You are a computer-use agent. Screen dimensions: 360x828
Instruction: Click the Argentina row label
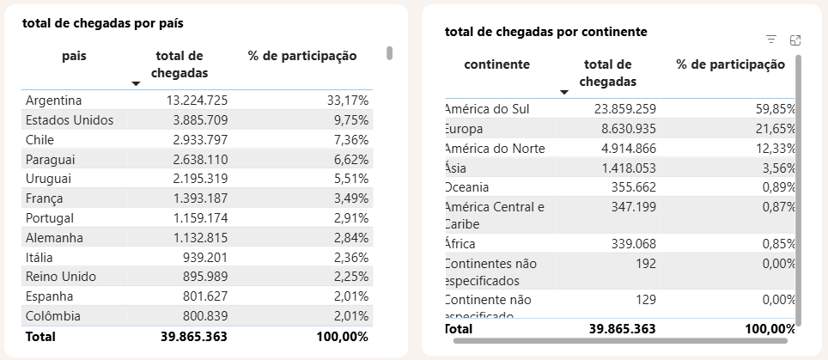pyautogui.click(x=53, y=100)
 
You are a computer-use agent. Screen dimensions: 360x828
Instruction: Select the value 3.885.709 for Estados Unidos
pyautogui.click(x=197, y=120)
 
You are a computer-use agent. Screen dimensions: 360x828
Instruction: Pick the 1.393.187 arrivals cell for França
pyautogui.click(x=197, y=198)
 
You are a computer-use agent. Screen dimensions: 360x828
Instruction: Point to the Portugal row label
pyautogui.click(x=51, y=218)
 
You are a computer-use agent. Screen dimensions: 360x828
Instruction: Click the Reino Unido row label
pyautogui.click(x=61, y=277)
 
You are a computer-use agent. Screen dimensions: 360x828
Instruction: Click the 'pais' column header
pyautogui.click(x=74, y=56)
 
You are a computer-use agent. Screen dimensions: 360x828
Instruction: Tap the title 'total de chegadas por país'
pyautogui.click(x=103, y=23)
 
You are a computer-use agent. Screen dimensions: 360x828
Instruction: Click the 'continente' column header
pyautogui.click(x=496, y=64)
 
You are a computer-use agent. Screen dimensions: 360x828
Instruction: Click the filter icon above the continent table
pyautogui.click(x=771, y=40)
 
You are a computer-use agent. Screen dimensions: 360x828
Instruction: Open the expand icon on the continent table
pyautogui.click(x=795, y=40)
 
